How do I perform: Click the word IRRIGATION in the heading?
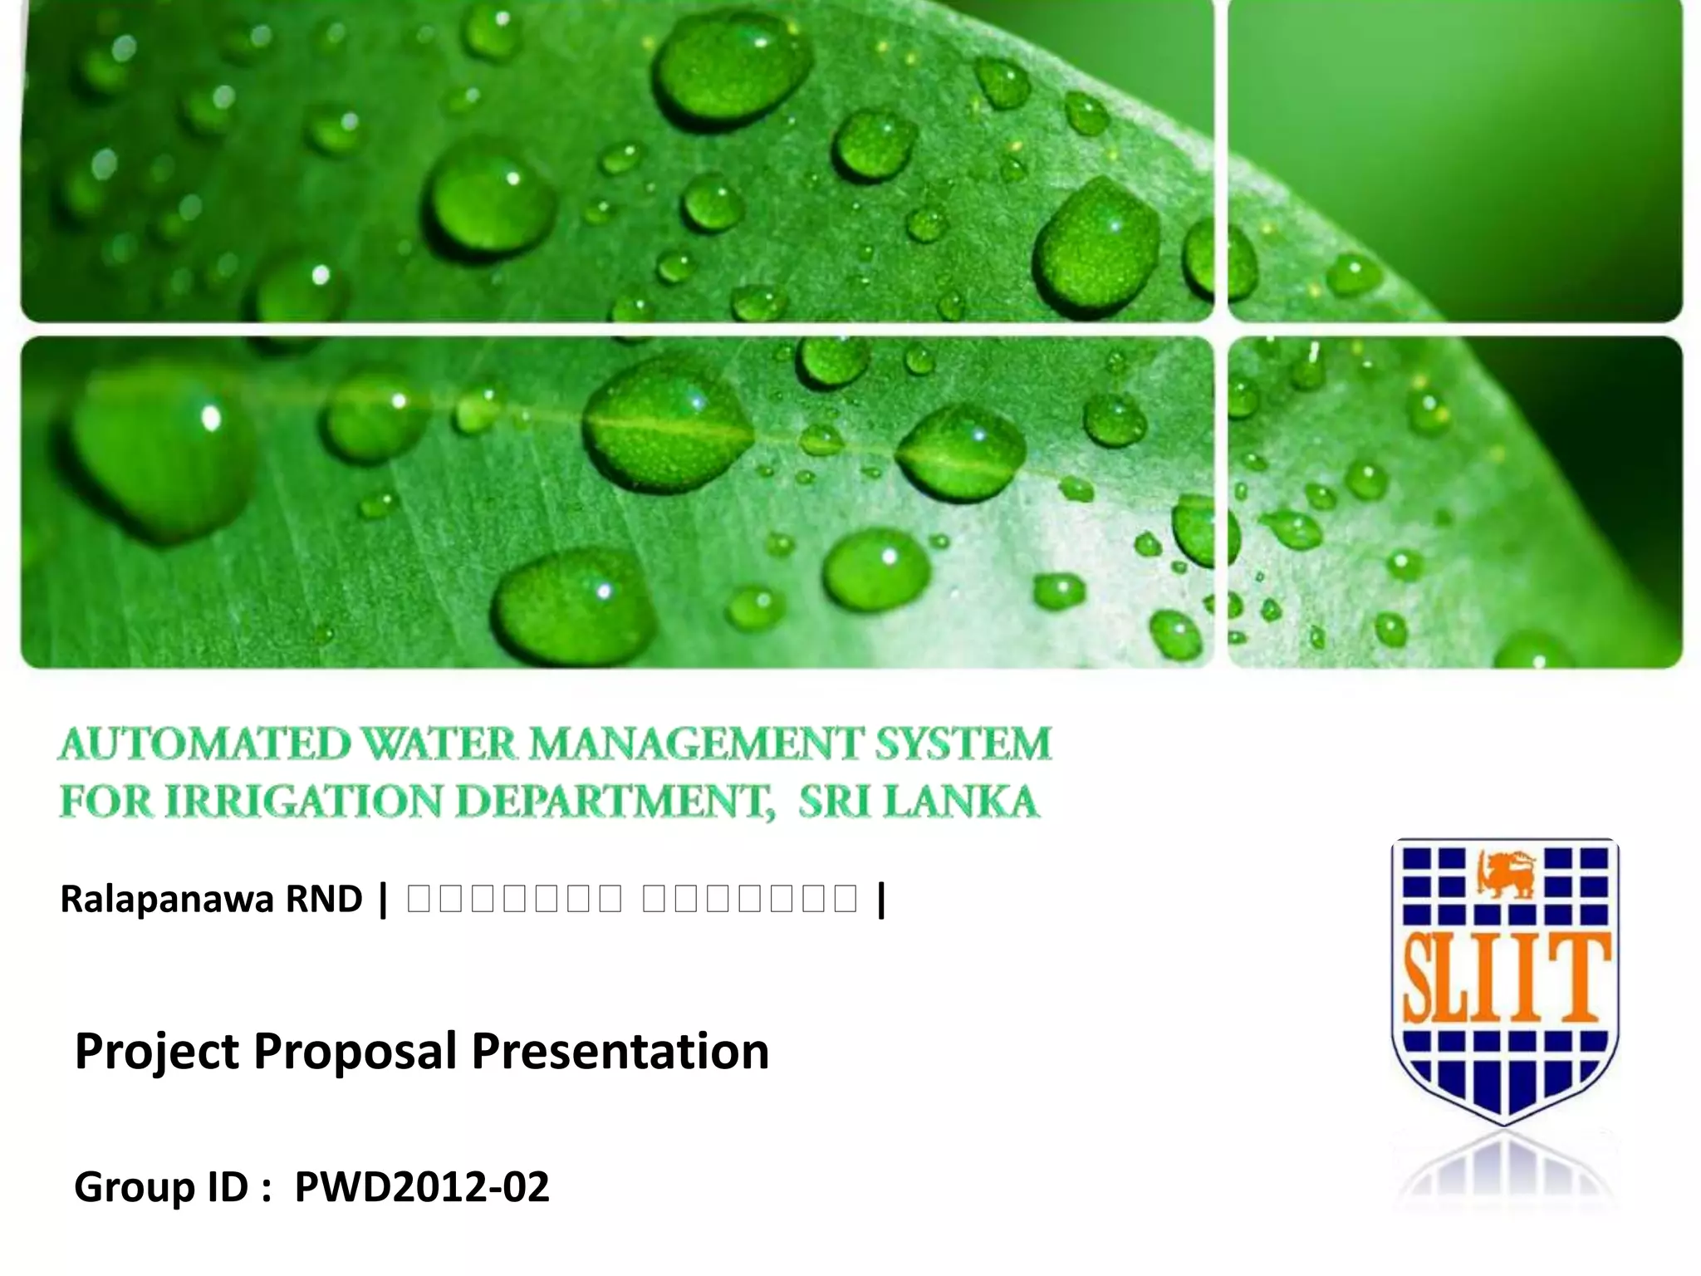point(304,802)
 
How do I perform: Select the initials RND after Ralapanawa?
point(324,899)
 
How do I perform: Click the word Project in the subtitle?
point(157,1052)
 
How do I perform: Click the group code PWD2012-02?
point(422,1187)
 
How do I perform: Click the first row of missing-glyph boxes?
point(515,899)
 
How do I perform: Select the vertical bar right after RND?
point(382,899)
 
